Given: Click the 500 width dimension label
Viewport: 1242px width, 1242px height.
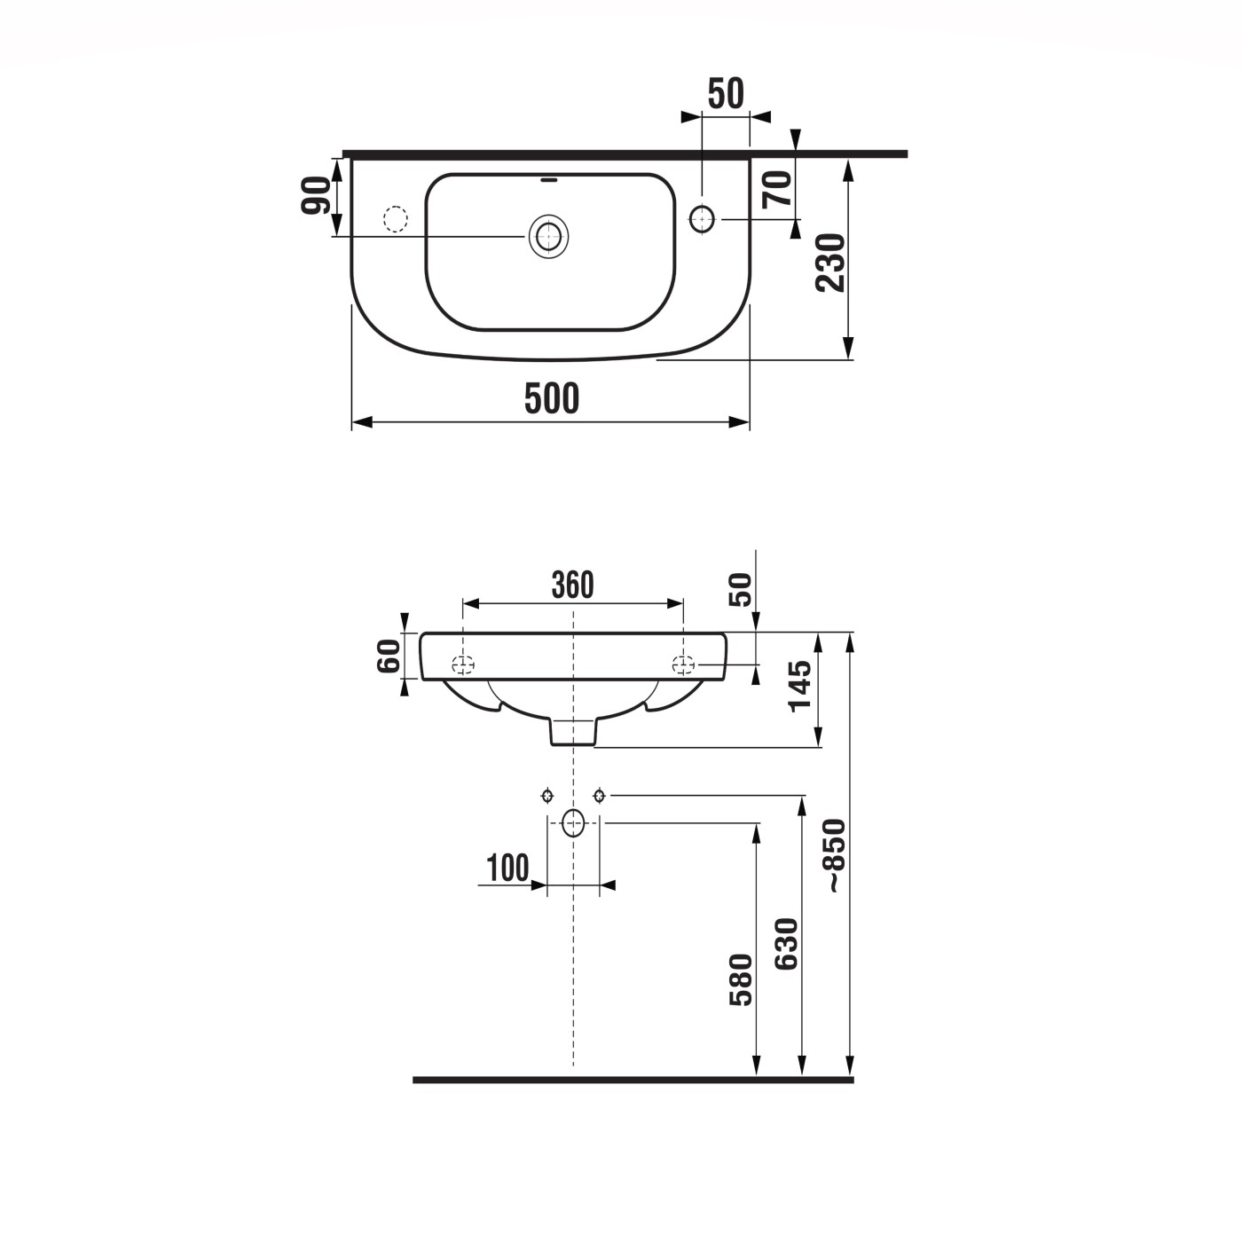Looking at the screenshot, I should pos(551,398).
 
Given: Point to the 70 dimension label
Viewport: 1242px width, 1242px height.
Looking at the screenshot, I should pos(778,189).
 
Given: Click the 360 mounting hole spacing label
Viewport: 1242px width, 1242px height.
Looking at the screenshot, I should pos(572,586).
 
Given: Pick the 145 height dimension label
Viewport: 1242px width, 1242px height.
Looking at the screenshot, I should pos(799,685).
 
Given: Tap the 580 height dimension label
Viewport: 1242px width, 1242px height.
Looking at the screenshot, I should pos(741,979).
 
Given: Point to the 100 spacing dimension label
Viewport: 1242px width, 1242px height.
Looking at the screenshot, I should pos(507,868).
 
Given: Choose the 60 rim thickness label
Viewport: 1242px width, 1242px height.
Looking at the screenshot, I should pos(389,656).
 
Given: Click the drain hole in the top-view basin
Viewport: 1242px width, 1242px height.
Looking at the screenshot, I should pos(548,237).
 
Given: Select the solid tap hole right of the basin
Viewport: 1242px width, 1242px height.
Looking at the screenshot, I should pos(702,218).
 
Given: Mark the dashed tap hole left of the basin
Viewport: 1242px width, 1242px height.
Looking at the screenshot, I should pos(395,218).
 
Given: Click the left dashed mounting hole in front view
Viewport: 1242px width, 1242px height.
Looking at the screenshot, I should pos(463,664).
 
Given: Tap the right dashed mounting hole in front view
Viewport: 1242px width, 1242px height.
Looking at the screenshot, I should pos(683,664).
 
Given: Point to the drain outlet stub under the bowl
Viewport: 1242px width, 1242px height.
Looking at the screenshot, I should pos(573,731).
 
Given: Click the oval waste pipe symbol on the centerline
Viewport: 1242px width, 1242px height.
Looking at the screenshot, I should pos(574,823).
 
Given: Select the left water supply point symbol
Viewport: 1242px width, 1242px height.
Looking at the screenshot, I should pos(547,795).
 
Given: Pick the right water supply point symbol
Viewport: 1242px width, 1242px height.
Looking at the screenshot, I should pos(600,795).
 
